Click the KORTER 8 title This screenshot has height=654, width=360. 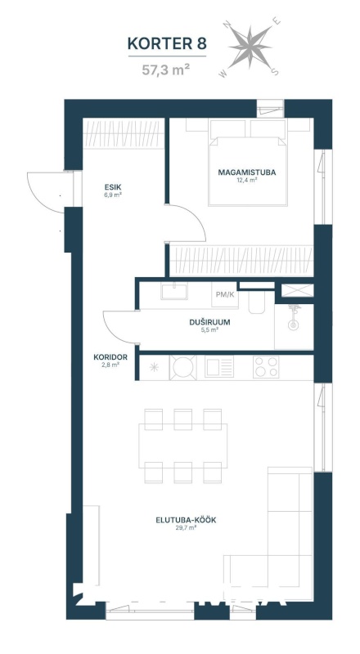point(167,43)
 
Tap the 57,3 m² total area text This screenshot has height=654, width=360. point(164,69)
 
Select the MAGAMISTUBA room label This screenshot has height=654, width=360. point(247,172)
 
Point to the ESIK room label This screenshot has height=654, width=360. point(113,187)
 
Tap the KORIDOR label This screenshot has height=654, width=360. point(110,357)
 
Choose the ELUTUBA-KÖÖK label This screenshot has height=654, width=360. point(186,520)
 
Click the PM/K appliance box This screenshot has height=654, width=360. point(225,294)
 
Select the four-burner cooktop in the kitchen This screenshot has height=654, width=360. point(266,367)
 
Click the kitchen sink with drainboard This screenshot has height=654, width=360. point(219,367)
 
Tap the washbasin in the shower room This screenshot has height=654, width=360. point(174,291)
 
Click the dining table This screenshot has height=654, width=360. point(183,446)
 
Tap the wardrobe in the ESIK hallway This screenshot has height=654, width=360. point(124,133)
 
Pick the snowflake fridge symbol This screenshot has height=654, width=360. point(154,367)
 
